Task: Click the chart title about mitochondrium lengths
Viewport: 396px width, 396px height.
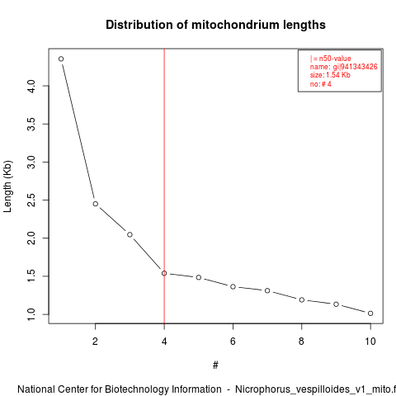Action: (x=215, y=25)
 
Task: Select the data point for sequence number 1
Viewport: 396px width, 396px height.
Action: (x=61, y=59)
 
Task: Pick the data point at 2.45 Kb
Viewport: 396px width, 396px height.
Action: (x=96, y=204)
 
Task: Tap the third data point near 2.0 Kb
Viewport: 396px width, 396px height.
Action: (x=130, y=234)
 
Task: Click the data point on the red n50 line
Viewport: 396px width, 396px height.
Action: (x=164, y=273)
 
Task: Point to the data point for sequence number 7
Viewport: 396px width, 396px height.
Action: (x=267, y=290)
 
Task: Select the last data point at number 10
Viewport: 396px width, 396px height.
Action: (x=370, y=313)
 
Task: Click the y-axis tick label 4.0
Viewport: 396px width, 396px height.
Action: (x=31, y=86)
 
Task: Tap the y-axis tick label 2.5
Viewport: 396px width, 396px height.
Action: (x=31, y=200)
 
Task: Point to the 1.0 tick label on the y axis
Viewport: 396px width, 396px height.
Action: (x=31, y=314)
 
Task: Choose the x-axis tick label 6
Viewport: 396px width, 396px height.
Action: (x=233, y=342)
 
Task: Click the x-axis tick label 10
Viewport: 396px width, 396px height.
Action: (x=370, y=342)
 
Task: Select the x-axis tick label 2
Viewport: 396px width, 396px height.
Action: (x=95, y=342)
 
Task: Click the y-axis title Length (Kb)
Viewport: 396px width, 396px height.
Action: (x=7, y=186)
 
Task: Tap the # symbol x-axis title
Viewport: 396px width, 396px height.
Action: (x=215, y=365)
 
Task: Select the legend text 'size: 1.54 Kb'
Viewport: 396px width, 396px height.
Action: (x=330, y=75)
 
